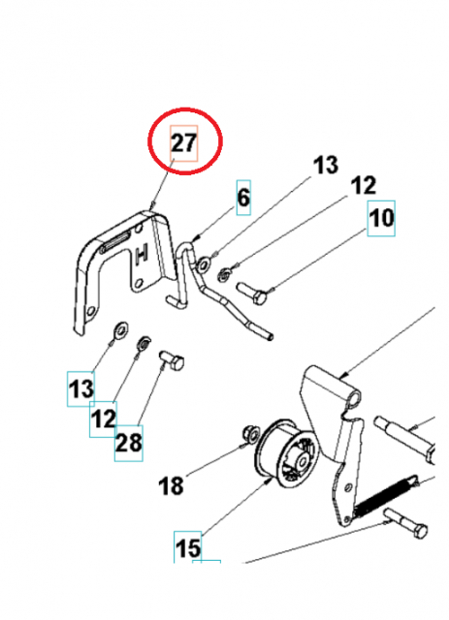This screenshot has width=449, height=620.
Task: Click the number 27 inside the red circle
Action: [x=184, y=144]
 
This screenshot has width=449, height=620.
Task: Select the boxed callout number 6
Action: [x=243, y=199]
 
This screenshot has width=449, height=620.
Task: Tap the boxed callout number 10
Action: [x=381, y=218]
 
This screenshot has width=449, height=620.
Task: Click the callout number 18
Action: [x=172, y=485]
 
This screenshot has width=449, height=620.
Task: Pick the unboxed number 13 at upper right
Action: [x=327, y=166]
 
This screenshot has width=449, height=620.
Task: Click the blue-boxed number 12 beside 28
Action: [x=103, y=419]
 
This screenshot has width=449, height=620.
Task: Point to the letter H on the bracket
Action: [x=143, y=257]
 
